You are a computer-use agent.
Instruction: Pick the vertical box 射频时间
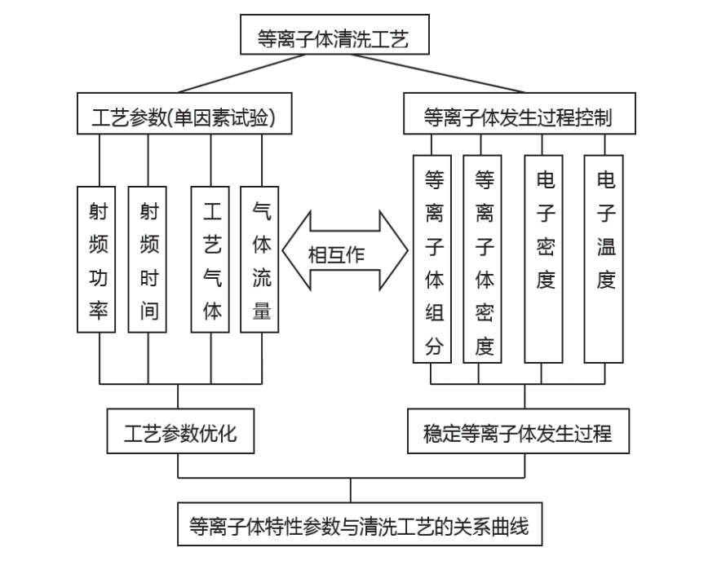point(148,259)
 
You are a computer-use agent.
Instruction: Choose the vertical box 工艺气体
point(210,259)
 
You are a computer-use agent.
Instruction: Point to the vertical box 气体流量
point(261,259)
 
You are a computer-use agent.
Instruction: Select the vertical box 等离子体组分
point(432,258)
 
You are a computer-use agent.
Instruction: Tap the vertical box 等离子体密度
point(483,258)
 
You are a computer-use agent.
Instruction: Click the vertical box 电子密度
point(543,258)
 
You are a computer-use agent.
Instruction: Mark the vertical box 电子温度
point(604,258)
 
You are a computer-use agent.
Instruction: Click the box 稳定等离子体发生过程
point(519,431)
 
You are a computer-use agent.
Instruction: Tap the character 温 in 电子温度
point(604,245)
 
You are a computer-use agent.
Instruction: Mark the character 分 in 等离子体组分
point(432,346)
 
